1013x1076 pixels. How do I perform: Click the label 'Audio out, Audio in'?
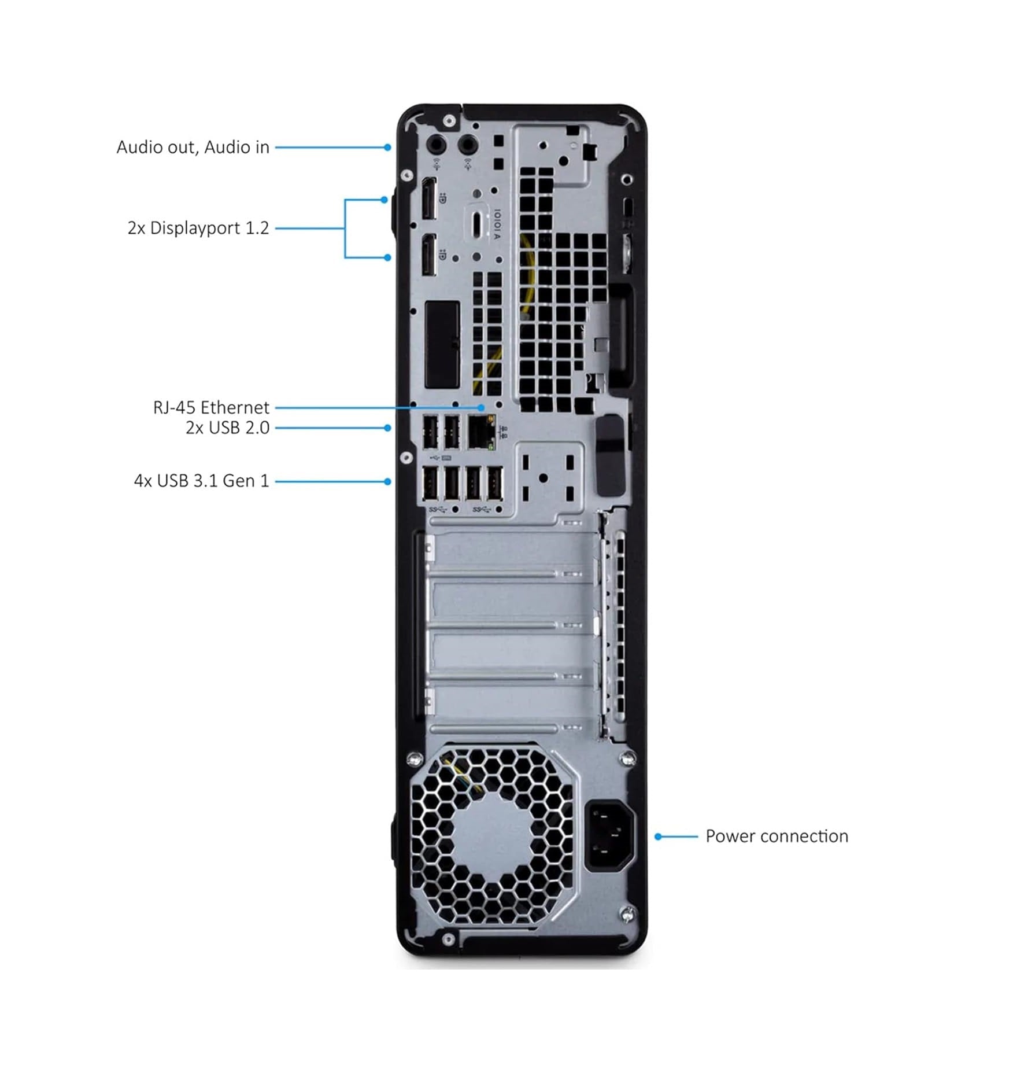[193, 148]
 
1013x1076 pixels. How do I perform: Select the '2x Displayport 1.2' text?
[198, 228]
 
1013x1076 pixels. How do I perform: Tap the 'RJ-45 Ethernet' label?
[210, 407]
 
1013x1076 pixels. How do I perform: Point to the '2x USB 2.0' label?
[227, 428]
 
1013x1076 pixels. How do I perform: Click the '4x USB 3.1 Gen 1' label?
[201, 481]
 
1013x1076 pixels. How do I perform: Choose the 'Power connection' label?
[777, 836]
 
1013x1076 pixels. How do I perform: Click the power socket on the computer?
[609, 835]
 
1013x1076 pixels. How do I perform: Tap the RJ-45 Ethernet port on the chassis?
[480, 432]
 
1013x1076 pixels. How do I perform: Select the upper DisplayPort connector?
[428, 199]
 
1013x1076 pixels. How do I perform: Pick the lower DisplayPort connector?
[428, 255]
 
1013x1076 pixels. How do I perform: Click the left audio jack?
[437, 143]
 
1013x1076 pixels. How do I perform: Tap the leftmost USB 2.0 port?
[430, 432]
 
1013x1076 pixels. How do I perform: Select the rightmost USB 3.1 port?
[494, 482]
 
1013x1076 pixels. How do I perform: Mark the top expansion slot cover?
[512, 550]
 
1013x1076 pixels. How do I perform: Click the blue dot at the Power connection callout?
[658, 836]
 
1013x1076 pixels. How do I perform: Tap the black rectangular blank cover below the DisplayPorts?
[442, 344]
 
